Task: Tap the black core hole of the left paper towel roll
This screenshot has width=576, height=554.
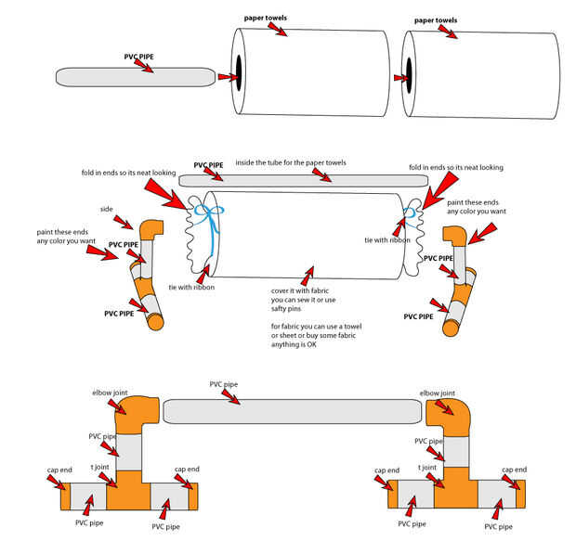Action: click(x=238, y=71)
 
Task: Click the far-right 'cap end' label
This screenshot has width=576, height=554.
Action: click(x=514, y=470)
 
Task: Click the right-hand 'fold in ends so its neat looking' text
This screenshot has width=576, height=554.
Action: click(x=456, y=168)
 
